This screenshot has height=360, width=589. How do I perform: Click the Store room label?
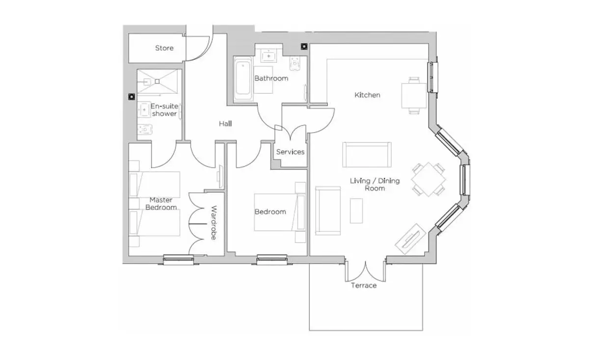click(x=164, y=48)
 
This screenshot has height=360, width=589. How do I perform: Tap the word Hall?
click(x=225, y=123)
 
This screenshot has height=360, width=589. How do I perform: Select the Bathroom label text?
click(x=271, y=78)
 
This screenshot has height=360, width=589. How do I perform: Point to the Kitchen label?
click(x=367, y=95)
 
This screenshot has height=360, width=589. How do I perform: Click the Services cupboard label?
click(x=290, y=152)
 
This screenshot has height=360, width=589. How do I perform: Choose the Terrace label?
click(x=364, y=285)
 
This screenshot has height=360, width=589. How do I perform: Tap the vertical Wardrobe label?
click(x=214, y=223)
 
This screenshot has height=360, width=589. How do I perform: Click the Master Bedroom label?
click(x=161, y=203)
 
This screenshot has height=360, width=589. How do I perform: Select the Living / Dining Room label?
click(x=375, y=185)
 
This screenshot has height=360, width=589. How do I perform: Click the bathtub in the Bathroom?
click(x=243, y=79)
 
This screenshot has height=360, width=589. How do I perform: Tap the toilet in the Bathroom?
click(x=295, y=63)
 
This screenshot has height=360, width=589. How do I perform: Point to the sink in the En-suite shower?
click(x=143, y=110)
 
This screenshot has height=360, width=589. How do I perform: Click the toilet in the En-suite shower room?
click(x=145, y=129)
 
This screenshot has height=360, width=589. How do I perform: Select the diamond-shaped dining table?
click(x=428, y=179)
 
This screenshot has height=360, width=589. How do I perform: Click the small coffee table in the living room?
click(x=356, y=211)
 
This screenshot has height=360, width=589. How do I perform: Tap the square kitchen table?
click(x=414, y=96)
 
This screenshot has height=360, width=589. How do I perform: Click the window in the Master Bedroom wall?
click(x=178, y=259)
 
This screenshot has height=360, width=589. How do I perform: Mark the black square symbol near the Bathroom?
click(x=304, y=47)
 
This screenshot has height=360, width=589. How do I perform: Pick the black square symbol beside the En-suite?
click(x=132, y=97)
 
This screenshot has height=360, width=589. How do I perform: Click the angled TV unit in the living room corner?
click(x=410, y=239)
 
